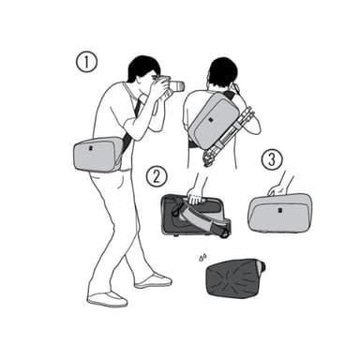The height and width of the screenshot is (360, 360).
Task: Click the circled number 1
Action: click(86, 62)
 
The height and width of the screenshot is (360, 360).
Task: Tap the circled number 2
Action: click(157, 176)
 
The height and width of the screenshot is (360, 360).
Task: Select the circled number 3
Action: click(272, 159)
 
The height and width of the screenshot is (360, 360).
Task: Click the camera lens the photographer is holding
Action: click(176, 86)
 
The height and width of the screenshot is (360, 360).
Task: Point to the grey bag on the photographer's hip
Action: click(97, 155)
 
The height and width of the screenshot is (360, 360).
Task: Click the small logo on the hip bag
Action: click(91, 148)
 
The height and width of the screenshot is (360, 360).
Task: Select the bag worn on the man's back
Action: click(213, 120)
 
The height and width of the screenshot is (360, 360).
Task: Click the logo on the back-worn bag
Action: click(211, 120)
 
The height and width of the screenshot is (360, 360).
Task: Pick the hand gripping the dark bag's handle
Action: click(195, 197)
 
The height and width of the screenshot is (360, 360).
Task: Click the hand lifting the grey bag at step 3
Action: click(277, 189)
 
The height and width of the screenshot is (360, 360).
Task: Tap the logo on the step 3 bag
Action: click(277, 210)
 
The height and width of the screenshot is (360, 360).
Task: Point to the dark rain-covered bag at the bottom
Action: click(236, 277)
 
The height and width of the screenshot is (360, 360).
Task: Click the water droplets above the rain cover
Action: click(202, 258)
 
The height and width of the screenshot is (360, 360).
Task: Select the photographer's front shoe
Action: click(153, 280)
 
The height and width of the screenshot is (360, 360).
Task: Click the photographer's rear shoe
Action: click(108, 299)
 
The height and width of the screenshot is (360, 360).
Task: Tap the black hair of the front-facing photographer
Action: click(142, 68)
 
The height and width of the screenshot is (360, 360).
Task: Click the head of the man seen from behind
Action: click(222, 74)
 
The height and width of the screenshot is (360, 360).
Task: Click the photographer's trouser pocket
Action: click(119, 183)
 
